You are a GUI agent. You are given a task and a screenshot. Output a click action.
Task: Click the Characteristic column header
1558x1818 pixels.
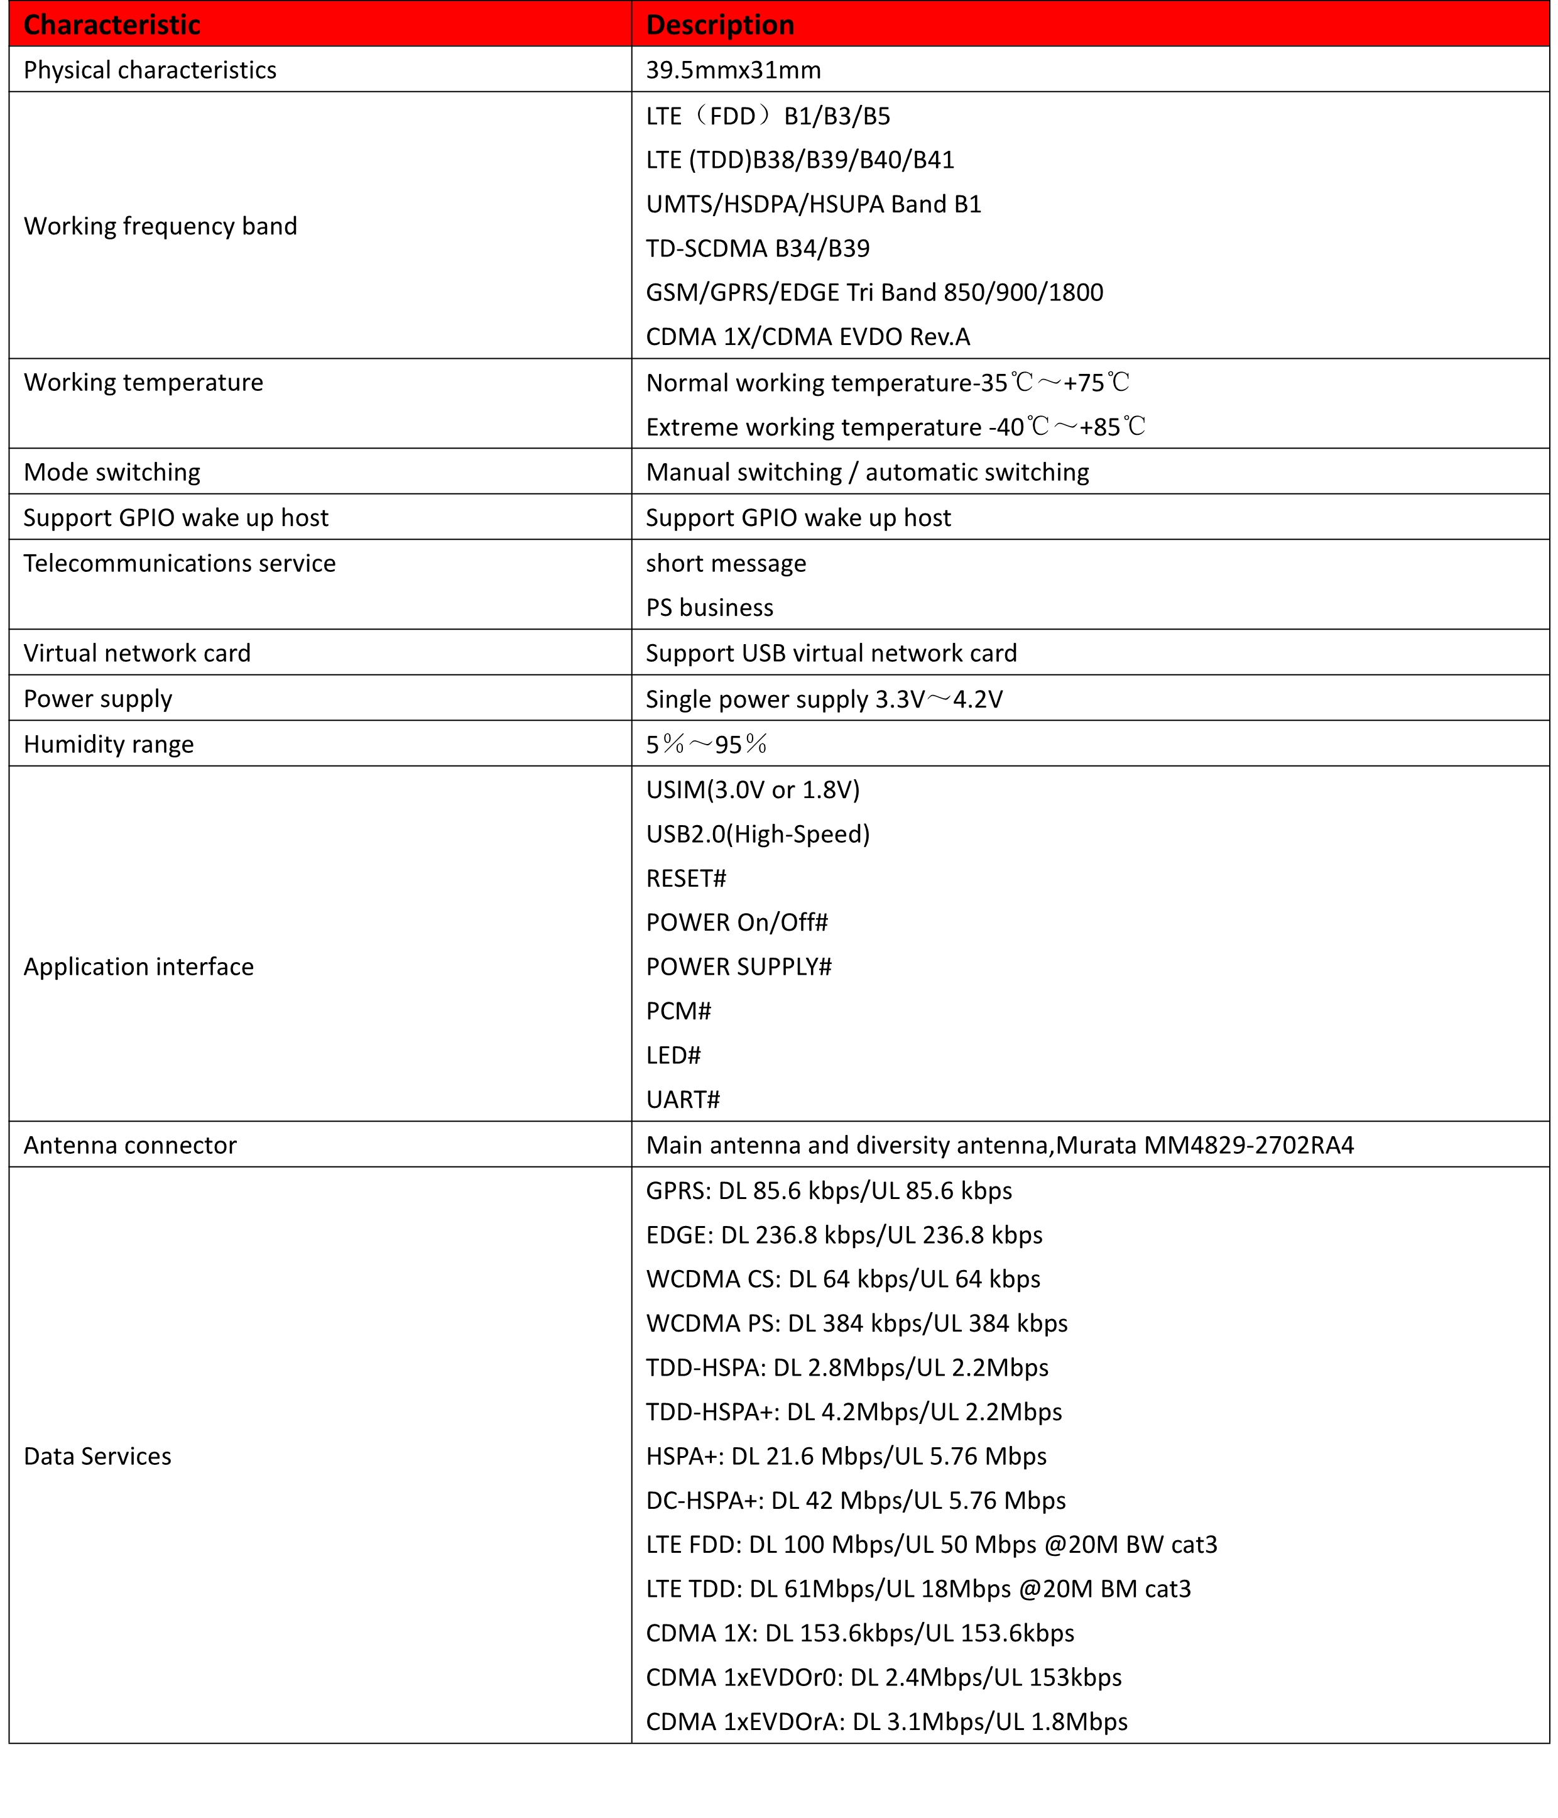[x=112, y=25]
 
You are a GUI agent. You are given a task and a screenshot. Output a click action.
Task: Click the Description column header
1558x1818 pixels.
[x=719, y=25]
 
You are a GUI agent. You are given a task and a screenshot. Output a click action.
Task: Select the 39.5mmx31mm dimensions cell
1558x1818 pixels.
[x=733, y=70]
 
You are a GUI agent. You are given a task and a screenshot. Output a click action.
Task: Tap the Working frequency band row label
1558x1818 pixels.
[x=161, y=226]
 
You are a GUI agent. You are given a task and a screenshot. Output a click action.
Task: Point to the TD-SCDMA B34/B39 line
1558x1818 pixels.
[x=758, y=248]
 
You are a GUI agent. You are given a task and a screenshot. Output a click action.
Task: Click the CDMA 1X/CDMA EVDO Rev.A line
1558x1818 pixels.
[x=808, y=337]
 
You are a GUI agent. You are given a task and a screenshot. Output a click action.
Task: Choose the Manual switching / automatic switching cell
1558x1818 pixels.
[x=868, y=472]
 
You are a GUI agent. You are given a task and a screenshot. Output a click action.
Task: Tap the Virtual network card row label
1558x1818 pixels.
[x=138, y=653]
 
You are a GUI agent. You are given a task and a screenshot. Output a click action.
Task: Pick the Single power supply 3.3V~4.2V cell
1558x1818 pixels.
[x=824, y=699]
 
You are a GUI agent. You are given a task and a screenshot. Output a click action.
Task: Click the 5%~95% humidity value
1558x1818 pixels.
[x=707, y=745]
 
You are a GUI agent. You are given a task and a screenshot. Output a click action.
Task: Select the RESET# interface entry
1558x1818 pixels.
[x=686, y=879]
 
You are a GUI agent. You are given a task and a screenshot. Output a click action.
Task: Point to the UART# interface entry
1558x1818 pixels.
[x=682, y=1099]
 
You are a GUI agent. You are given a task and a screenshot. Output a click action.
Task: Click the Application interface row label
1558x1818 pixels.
[x=139, y=967]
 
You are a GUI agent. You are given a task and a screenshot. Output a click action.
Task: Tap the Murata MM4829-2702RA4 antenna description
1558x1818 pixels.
[x=1000, y=1145]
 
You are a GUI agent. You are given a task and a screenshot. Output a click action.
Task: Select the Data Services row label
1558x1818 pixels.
[x=97, y=1457]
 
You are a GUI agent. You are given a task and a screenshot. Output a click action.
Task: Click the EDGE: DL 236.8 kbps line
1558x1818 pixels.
[x=844, y=1235]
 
